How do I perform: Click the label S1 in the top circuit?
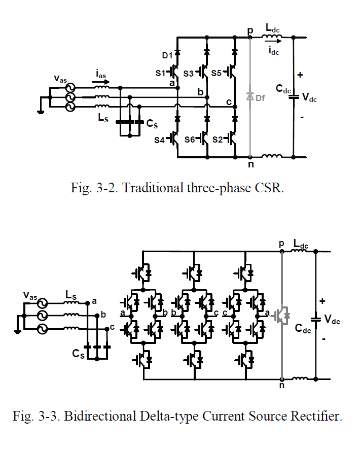click(x=160, y=73)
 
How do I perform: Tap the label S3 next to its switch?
click(x=188, y=73)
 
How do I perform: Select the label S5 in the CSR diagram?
click(x=217, y=73)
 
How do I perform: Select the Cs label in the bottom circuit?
click(x=78, y=354)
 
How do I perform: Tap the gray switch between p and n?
click(x=281, y=315)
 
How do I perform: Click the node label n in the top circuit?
click(x=250, y=164)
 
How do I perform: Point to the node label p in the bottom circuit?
click(x=281, y=244)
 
